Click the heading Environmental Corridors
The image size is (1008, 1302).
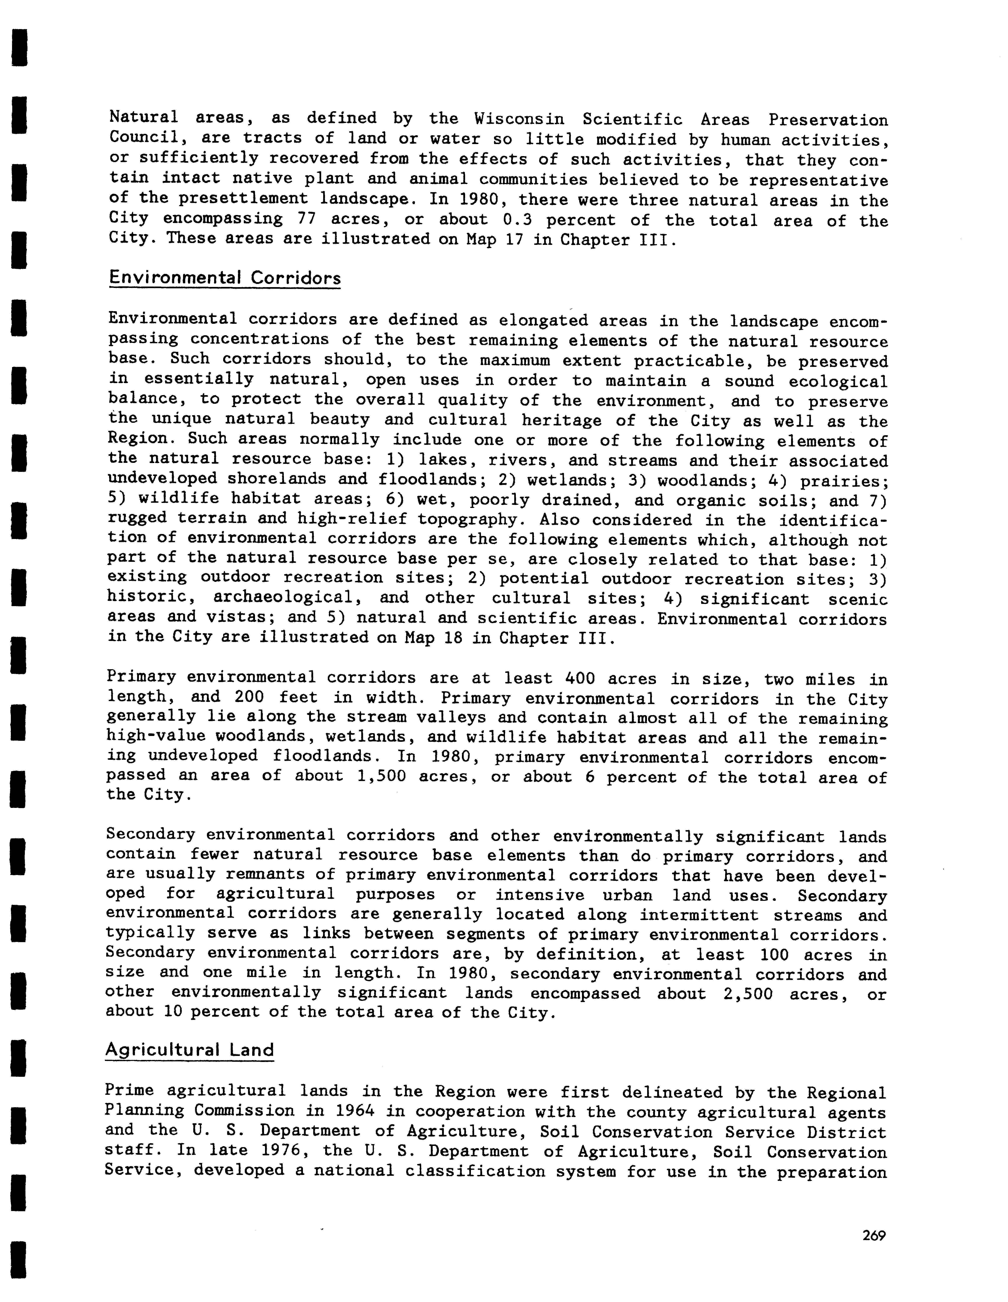225,278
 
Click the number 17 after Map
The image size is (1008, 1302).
514,240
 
